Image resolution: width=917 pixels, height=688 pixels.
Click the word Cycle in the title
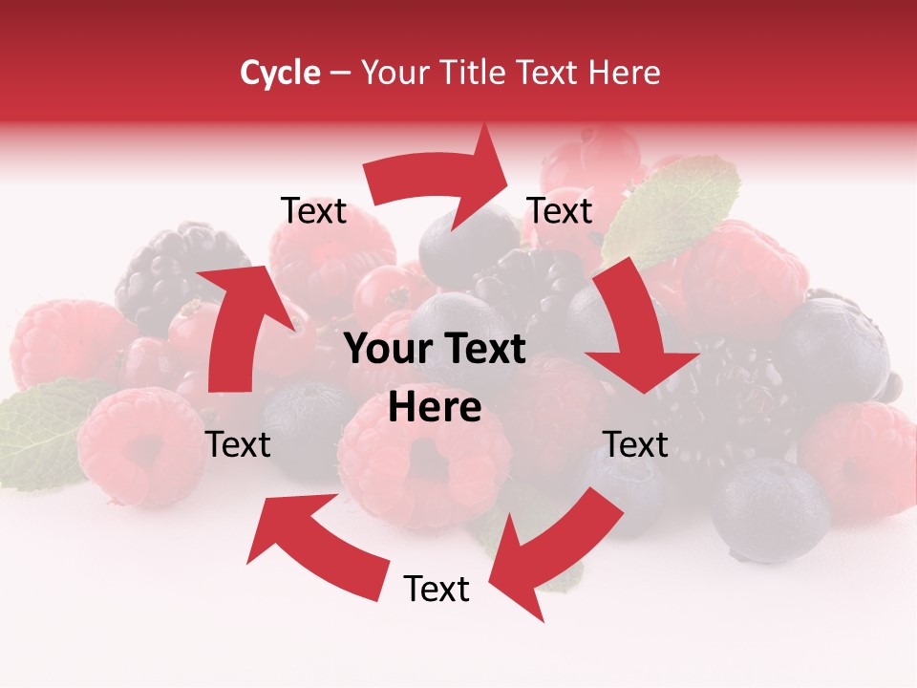[x=280, y=73]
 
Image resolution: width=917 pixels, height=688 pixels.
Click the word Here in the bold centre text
[x=435, y=408]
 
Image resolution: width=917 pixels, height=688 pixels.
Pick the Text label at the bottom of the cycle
[x=437, y=589]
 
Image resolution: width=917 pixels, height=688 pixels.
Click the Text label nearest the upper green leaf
[x=560, y=210]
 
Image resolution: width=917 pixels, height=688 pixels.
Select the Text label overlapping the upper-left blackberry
[x=313, y=210]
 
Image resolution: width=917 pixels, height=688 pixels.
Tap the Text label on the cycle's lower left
[x=239, y=444]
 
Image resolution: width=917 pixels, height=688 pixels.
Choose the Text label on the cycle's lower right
[x=635, y=444]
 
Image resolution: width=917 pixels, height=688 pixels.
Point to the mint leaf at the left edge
[x=38, y=430]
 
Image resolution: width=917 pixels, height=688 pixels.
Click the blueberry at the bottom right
[x=769, y=506]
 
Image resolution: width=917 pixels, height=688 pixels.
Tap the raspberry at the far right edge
[x=860, y=459]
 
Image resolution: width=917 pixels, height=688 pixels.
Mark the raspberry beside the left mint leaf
[x=134, y=444]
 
